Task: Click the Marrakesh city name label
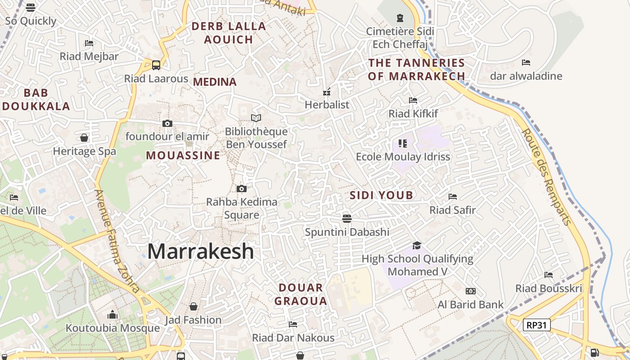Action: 201,251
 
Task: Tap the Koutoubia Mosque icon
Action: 112,315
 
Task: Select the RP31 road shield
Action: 537,324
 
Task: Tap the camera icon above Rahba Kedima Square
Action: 242,189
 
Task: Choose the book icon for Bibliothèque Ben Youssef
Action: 256,118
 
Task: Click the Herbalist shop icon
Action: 327,92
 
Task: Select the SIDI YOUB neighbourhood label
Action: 381,195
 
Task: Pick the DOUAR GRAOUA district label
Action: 301,294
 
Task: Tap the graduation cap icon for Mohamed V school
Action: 417,245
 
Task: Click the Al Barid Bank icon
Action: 471,291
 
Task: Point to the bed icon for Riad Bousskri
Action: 549,274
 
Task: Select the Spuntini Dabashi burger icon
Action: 346,218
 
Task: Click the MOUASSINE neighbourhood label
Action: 183,156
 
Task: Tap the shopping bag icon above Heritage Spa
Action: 84,138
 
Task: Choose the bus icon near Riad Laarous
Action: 156,65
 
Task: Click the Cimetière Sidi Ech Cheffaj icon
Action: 400,18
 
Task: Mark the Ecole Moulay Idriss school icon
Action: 403,144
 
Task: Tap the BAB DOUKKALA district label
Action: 36,99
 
